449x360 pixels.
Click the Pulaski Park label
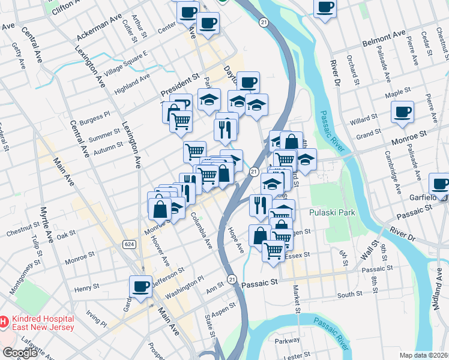(332, 212)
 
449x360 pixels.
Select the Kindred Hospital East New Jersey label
(41, 323)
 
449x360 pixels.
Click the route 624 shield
(128, 244)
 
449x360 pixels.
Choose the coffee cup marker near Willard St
(402, 111)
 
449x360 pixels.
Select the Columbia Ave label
(202, 230)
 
